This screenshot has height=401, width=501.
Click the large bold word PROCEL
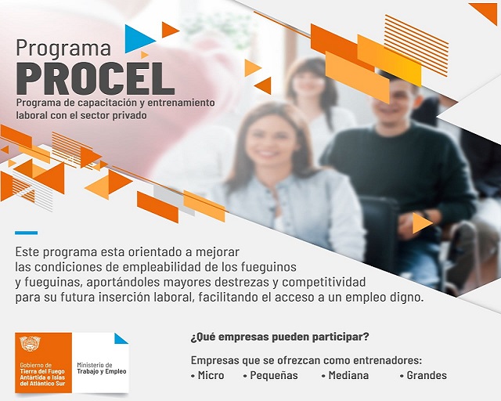click(x=96, y=78)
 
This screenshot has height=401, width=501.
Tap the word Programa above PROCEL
click(x=63, y=49)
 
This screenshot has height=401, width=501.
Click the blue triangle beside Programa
click(x=138, y=39)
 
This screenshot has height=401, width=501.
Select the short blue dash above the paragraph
click(x=26, y=233)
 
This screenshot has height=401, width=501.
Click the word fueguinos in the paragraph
click(x=269, y=267)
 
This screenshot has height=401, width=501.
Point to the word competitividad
click(x=323, y=283)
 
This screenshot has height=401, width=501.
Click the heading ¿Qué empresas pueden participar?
click(x=280, y=337)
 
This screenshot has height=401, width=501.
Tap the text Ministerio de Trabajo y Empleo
click(x=102, y=368)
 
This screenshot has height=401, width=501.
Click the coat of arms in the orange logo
click(x=30, y=344)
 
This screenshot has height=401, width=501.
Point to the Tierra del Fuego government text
click(x=42, y=374)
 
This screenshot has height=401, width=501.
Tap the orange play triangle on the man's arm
click(x=421, y=223)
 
